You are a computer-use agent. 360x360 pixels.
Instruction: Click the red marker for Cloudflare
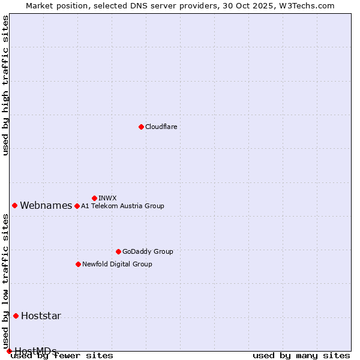coord(141,127)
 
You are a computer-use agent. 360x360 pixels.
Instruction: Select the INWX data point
coord(94,198)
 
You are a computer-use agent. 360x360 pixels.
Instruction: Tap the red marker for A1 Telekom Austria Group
coord(77,206)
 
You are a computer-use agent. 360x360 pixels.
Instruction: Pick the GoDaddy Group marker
coord(118,251)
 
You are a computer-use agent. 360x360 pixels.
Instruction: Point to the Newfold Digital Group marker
coord(78,264)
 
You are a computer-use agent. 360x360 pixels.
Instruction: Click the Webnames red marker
coord(14,205)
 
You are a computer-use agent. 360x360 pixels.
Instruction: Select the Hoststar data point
coord(16,316)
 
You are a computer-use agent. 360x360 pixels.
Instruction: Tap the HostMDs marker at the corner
coord(9,351)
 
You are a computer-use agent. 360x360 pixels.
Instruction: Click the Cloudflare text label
coord(161,127)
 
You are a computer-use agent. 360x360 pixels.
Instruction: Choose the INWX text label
coord(107,198)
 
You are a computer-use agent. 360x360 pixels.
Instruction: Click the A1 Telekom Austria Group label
coord(122,206)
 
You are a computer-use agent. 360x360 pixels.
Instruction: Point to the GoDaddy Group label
coord(148,251)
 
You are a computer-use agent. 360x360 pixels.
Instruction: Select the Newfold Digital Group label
coord(117,264)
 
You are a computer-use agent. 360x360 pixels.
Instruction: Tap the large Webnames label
coord(46,205)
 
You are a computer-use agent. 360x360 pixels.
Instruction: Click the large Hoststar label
coord(41,316)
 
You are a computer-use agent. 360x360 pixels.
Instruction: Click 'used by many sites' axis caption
coord(301,356)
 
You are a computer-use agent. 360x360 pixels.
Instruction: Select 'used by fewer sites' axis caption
coord(62,356)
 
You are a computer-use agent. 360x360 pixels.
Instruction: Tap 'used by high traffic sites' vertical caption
coord(5,86)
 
